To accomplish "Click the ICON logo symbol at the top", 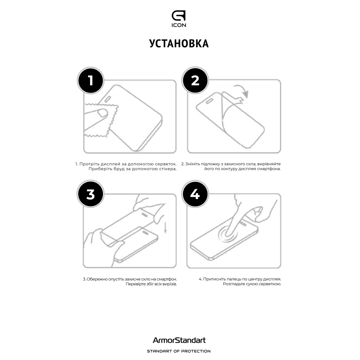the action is coord(179,16).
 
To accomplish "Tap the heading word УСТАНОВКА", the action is coord(179,43).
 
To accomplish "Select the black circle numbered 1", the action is coord(90,81).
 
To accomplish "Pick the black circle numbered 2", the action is coord(195,81).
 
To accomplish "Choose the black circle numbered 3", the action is coord(90,194).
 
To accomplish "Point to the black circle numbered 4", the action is coord(195,194).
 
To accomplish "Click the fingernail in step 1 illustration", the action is coord(103,113).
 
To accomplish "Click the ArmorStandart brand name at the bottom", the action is coord(179,340).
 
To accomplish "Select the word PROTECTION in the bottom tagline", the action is coord(196,351).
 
